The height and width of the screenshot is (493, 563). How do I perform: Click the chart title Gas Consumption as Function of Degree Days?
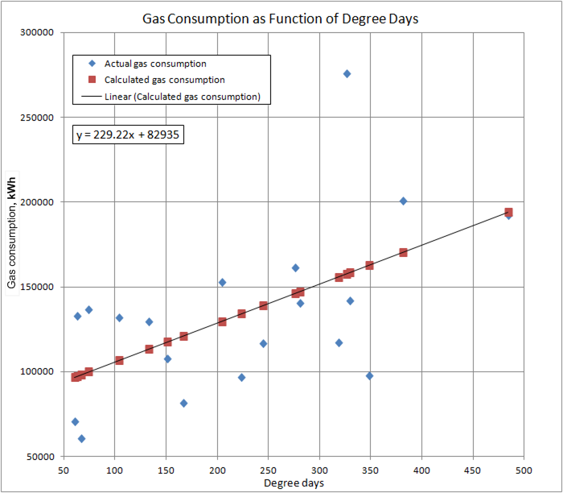(281, 17)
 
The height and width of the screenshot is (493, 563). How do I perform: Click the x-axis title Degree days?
(294, 483)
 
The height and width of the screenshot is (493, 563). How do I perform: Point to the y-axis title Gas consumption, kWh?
(12, 244)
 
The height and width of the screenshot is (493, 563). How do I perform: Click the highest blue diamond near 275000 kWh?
(347, 73)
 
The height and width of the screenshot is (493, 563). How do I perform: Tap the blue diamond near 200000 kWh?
(403, 201)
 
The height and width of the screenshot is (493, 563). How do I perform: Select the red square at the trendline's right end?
(508, 213)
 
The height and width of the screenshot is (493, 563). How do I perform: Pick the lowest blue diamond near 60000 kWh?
(81, 438)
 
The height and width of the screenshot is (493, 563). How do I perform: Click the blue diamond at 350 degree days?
(369, 375)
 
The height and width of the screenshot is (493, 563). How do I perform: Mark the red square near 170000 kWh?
(403, 252)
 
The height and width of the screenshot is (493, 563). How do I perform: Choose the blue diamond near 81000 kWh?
(183, 403)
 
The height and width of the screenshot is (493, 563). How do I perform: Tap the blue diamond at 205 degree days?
(222, 282)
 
